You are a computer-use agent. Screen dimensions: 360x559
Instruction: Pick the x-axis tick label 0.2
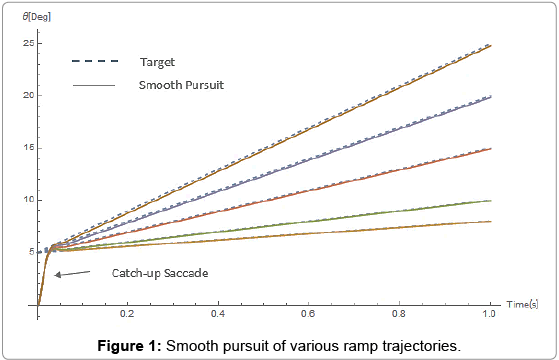128,314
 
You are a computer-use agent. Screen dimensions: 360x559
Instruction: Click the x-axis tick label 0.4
218,314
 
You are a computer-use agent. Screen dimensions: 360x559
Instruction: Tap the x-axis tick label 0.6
308,314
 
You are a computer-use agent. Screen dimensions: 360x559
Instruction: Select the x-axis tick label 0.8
399,314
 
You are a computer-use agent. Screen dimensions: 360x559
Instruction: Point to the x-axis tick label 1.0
489,314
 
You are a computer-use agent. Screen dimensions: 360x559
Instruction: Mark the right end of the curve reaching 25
489,45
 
